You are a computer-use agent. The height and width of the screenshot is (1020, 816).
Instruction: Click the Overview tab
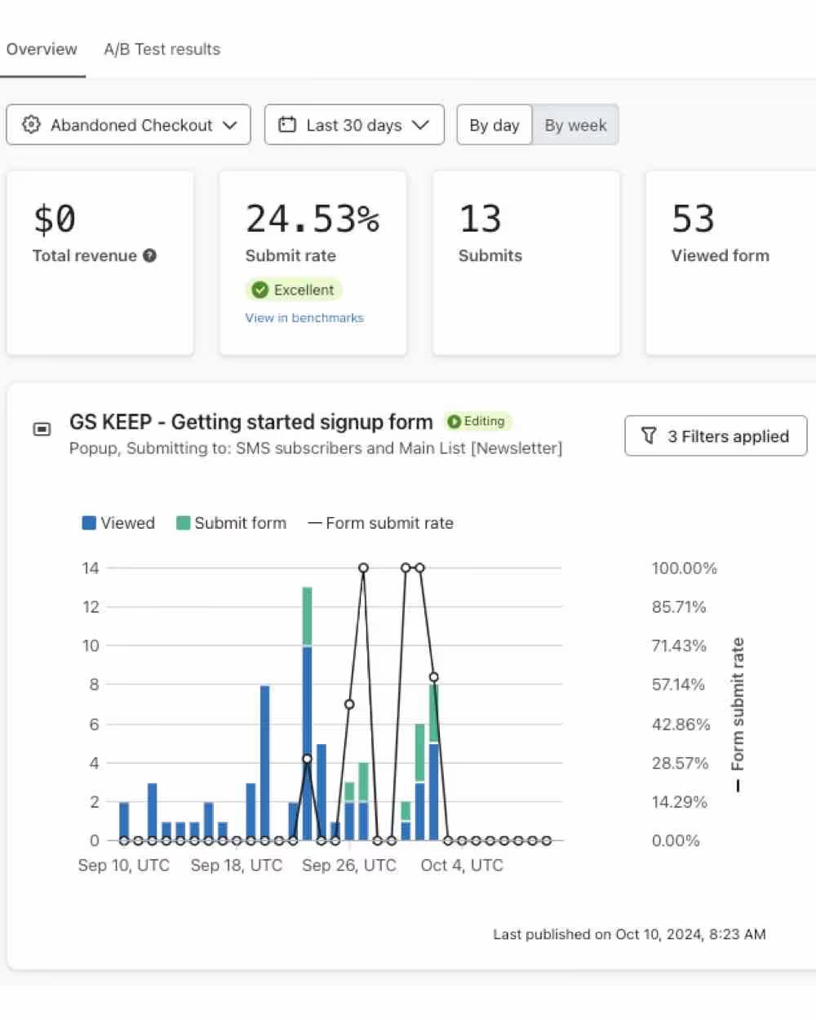42,49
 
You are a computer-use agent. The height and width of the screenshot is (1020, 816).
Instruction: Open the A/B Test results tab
162,49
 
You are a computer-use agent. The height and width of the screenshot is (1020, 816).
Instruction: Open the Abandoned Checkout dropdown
128,125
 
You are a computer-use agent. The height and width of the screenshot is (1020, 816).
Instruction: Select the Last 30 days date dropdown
354,125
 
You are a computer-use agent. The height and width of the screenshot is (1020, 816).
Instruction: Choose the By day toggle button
494,125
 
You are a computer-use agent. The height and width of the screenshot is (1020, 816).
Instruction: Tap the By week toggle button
575,125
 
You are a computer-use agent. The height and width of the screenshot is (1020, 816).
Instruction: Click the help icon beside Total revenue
149,255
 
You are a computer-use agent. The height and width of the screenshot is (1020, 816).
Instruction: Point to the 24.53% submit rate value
313,219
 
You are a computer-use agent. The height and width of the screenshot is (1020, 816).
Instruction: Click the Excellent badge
294,290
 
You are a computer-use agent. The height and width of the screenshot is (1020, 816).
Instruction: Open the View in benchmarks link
304,318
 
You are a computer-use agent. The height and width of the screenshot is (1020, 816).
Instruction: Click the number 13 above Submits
480,219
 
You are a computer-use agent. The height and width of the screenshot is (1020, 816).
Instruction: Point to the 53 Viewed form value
693,219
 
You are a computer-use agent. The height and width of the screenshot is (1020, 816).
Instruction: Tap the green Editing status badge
477,421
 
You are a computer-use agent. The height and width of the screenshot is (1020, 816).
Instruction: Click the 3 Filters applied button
716,436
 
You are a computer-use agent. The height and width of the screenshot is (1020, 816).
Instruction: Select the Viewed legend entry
118,523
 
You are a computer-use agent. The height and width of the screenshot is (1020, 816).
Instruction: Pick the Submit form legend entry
231,523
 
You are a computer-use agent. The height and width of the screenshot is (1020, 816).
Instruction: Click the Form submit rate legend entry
380,523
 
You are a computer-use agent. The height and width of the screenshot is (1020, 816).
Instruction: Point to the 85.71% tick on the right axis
678,607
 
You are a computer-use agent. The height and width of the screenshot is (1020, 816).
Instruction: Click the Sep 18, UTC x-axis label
236,865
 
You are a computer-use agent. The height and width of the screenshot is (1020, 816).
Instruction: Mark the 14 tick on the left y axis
91,568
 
